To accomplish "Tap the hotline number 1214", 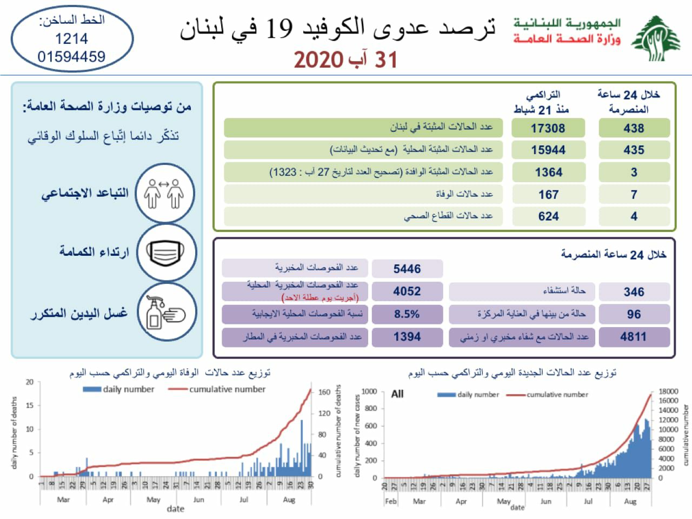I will coord(71,39).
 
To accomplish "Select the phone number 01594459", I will coord(71,56).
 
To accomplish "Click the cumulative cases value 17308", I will coord(548,128).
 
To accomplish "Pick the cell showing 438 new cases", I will coord(634,128).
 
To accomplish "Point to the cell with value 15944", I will coord(548,150).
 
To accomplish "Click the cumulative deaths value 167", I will coord(548,195).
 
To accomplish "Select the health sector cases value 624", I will coord(548,216).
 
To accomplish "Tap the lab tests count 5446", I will coord(407,269).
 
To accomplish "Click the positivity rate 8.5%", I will coord(407,314).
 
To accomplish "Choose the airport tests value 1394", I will coord(407,337).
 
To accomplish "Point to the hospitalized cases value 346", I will coord(634,292).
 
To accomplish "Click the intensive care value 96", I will coord(634,314).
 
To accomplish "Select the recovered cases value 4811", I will coord(634,337).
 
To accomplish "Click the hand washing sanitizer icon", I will coord(166,312).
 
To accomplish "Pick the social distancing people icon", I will coord(165,194).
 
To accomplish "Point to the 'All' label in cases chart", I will coord(397,394).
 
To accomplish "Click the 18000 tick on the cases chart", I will coord(668,391).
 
